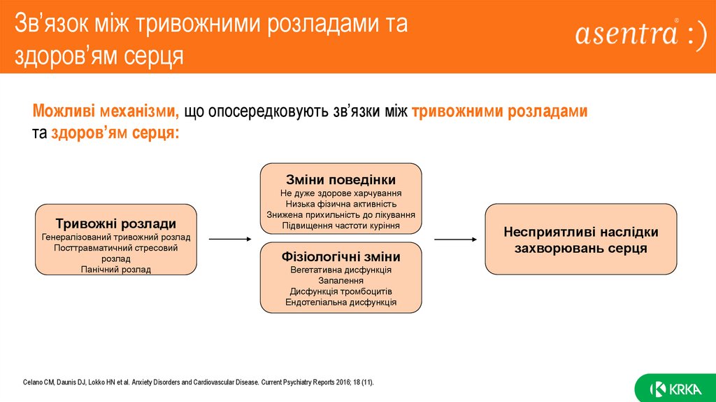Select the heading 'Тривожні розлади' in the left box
point(116,224)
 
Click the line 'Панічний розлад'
point(116,269)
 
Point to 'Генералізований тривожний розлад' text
point(116,237)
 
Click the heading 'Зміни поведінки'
point(341,179)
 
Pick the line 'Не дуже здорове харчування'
point(341,193)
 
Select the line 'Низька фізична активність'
point(341,204)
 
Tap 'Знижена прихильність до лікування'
point(341,215)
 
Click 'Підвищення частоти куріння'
point(341,226)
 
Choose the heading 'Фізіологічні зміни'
point(341,257)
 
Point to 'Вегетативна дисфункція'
point(341,270)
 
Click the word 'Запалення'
point(341,281)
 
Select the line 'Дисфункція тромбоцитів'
point(341,291)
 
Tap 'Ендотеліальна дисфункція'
point(341,303)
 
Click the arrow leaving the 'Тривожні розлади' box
point(229,239)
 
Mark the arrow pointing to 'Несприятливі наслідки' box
point(455,239)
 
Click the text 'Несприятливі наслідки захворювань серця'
point(581,240)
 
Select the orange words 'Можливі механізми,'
point(106,111)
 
